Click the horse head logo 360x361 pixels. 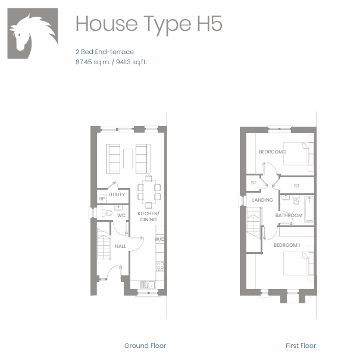pos(33,34)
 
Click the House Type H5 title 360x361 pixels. pos(149,24)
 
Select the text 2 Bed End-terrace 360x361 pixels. pos(105,52)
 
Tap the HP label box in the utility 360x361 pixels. pos(102,199)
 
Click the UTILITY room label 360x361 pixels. pos(117,194)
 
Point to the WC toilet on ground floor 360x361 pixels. pos(107,213)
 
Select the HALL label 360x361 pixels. pos(120,246)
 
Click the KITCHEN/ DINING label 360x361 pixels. pos(148,216)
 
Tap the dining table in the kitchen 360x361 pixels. pos(149,192)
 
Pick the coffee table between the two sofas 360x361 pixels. pos(128,158)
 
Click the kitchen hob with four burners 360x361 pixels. pos(160,266)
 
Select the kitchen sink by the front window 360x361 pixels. pos(148,284)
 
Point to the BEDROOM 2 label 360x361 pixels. pos(273,152)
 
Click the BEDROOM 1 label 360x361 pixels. pos(287,245)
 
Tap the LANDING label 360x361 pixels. pos(262,200)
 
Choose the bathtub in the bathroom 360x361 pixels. pos(309,209)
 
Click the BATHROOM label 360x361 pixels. pos(289,215)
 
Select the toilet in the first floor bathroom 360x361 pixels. pos(296,200)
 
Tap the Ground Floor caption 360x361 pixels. pos(145,346)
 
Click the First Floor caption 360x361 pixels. pos(301,346)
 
